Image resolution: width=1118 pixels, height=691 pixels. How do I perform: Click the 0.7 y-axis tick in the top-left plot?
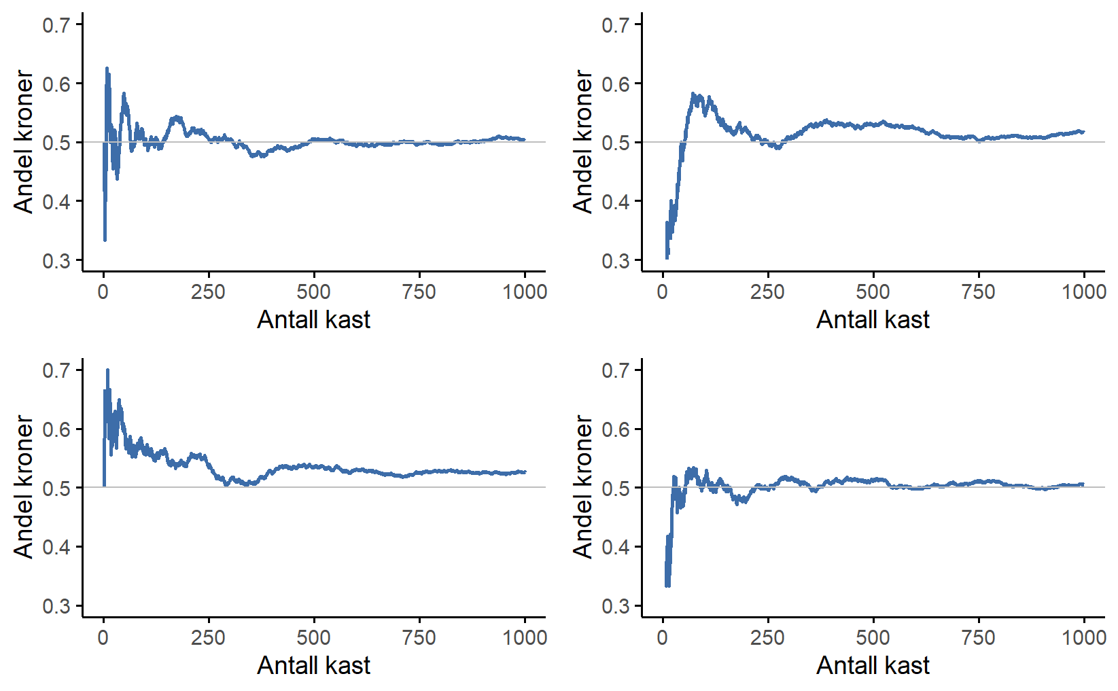(56, 25)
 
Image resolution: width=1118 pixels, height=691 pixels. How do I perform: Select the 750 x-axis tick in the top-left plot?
(419, 292)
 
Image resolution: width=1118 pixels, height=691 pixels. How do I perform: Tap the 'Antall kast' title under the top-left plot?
(313, 319)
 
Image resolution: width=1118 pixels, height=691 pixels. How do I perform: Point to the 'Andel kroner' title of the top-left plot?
(24, 142)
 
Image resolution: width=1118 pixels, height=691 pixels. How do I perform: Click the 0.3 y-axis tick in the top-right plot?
(616, 261)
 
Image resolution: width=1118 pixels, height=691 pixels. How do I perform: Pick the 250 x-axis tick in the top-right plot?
(767, 292)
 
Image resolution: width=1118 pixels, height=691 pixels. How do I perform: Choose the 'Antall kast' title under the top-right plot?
(873, 319)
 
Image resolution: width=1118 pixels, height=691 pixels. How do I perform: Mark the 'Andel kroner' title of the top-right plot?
(583, 142)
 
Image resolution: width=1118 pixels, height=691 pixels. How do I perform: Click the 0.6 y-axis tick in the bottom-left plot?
(56, 429)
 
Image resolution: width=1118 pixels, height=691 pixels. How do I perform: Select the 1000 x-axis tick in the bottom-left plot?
(525, 637)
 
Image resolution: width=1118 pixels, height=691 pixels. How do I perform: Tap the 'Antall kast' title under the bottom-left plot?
(313, 665)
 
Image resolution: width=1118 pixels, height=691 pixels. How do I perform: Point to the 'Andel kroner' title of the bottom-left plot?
(24, 487)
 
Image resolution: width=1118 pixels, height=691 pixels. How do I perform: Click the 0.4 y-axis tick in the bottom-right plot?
(616, 547)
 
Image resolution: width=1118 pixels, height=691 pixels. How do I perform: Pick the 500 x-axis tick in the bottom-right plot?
(873, 637)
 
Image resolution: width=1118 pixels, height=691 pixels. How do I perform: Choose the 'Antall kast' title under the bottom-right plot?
(873, 665)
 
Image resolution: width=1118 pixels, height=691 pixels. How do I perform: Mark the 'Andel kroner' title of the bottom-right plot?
(583, 487)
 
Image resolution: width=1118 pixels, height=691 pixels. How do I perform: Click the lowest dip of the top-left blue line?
(105, 240)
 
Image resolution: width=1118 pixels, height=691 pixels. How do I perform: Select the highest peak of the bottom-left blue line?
(107, 370)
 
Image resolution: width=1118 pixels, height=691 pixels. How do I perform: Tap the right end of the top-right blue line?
(1083, 132)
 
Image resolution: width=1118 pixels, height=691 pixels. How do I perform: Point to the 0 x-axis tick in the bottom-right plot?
(663, 637)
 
